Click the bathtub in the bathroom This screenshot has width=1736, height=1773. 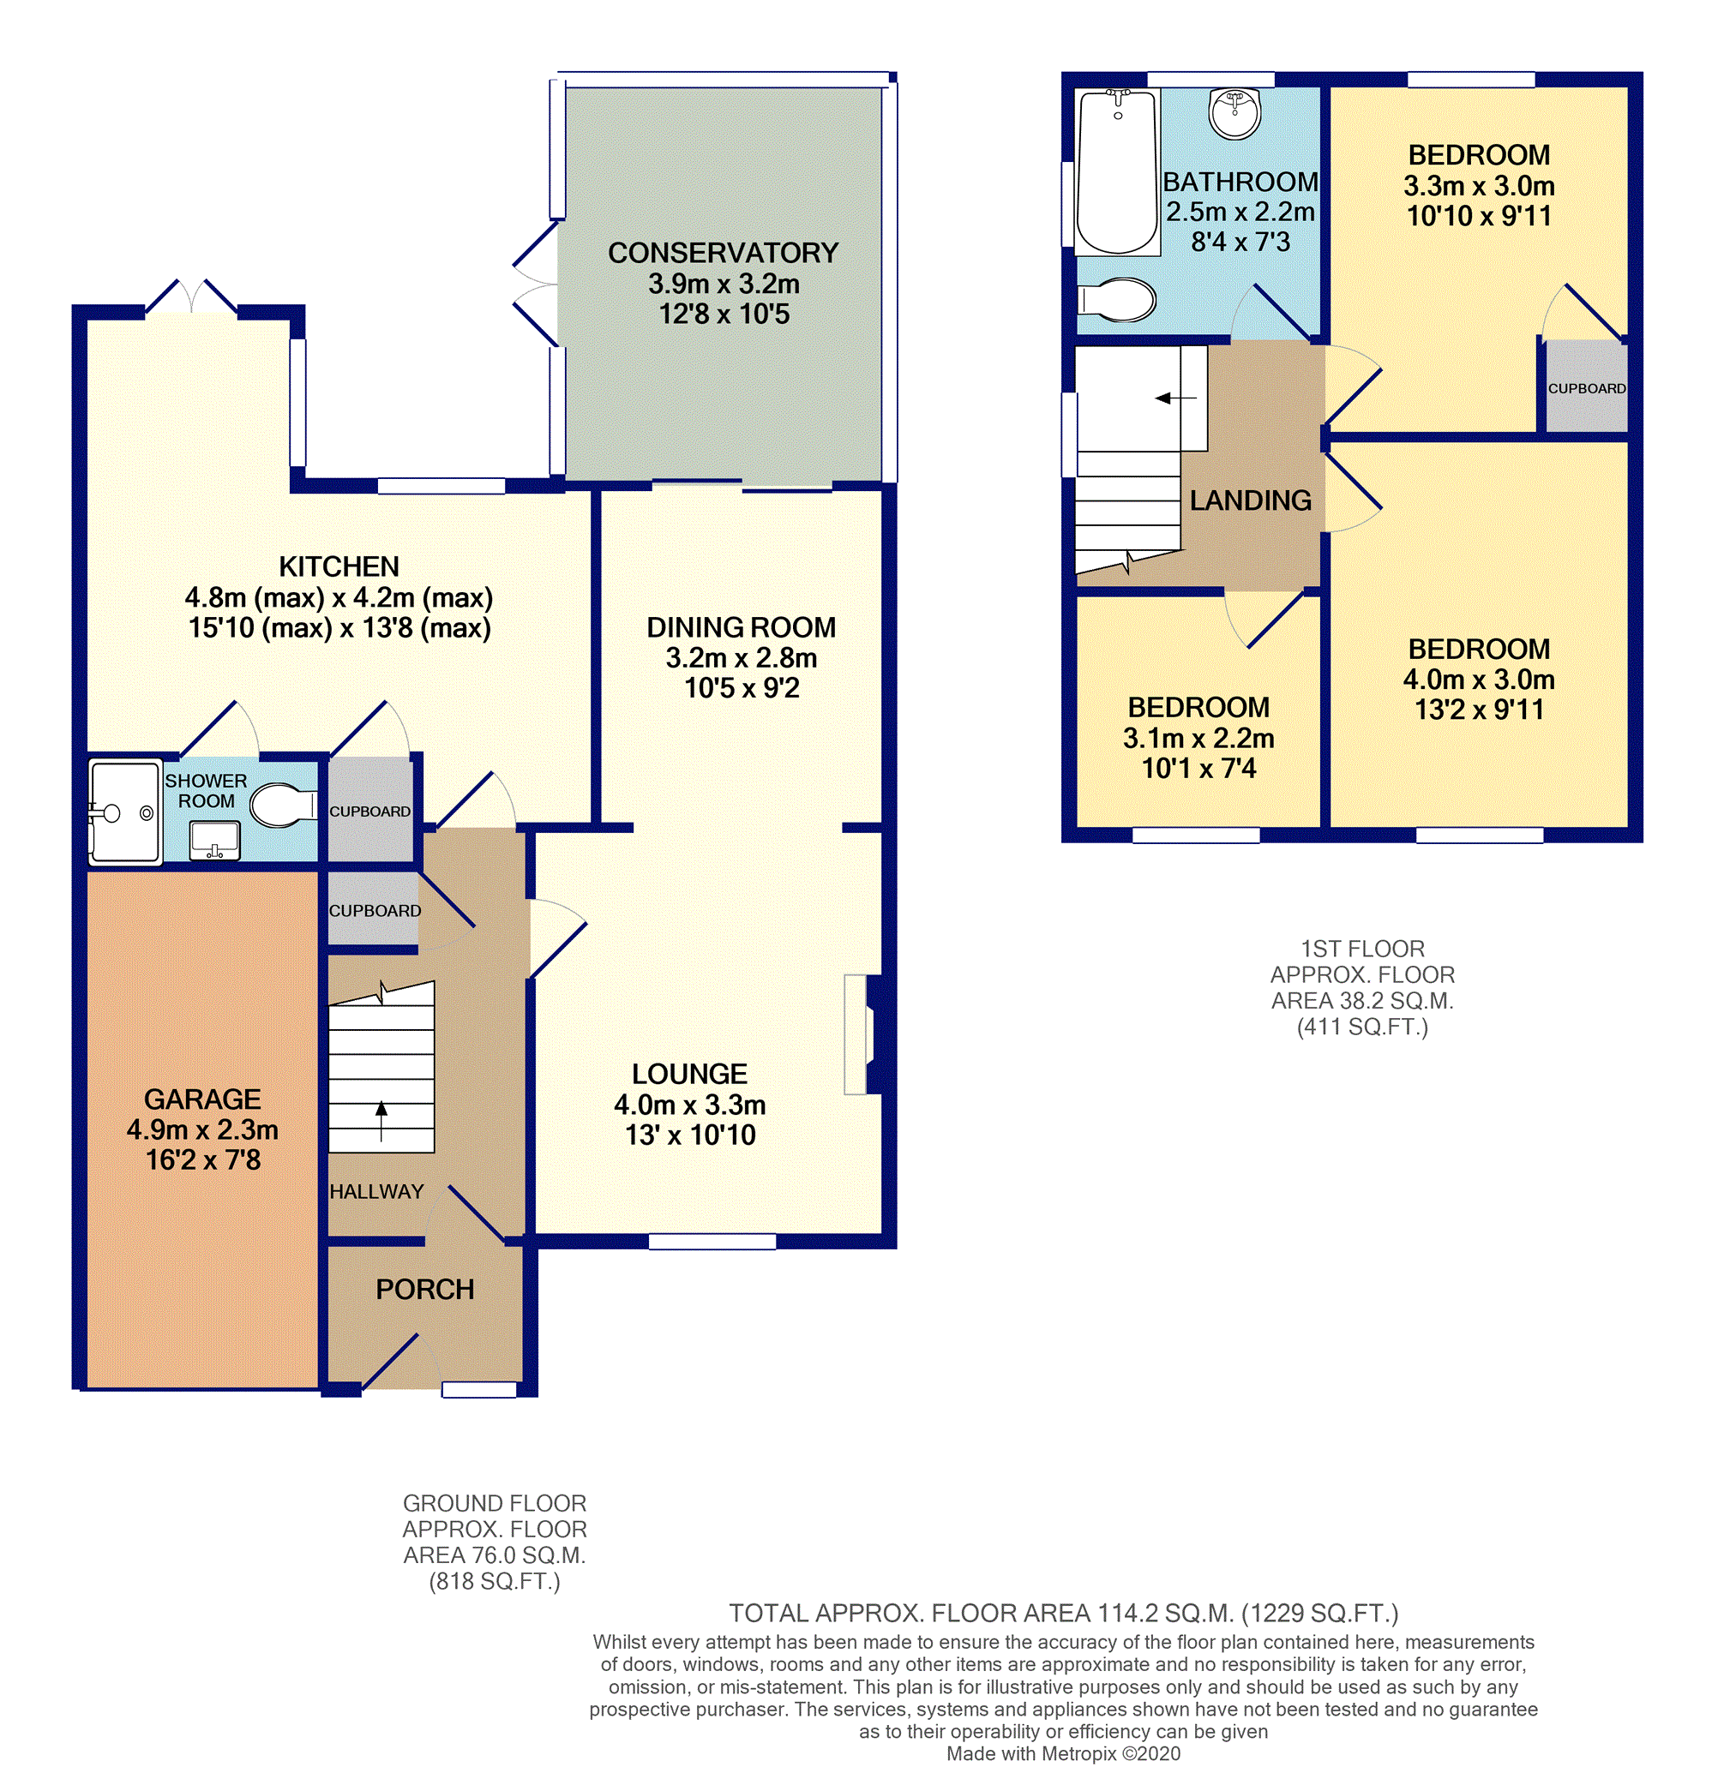1117,171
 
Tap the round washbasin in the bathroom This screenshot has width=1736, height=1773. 1234,113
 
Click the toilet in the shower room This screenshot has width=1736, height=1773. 284,805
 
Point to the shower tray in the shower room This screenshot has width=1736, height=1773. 125,812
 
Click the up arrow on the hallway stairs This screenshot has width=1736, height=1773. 381,1120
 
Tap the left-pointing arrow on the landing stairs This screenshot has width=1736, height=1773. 1175,398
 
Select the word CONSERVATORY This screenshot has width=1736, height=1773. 723,253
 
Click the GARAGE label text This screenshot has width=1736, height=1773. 202,1099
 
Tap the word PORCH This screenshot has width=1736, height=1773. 425,1289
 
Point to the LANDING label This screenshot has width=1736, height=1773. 1250,500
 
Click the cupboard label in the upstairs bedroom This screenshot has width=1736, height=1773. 1587,388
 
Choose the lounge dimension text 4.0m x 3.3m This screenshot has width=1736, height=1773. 689,1105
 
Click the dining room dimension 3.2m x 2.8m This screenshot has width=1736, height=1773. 742,657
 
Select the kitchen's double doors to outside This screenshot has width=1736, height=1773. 191,297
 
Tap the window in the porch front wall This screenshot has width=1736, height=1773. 478,1389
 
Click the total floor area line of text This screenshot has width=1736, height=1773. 1063,1614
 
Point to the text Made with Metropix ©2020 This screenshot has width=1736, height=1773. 1063,1753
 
